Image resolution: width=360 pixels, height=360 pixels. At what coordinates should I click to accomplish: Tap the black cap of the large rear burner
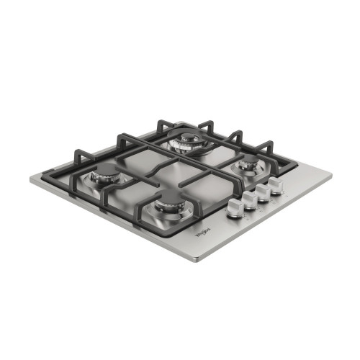pyautogui.click(x=189, y=138)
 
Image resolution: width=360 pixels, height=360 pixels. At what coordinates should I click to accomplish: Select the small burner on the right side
pyautogui.click(x=248, y=165)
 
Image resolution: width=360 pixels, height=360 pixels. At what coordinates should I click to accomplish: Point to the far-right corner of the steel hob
pyautogui.click(x=333, y=174)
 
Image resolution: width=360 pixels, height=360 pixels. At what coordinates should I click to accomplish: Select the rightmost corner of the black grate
pyautogui.click(x=294, y=167)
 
